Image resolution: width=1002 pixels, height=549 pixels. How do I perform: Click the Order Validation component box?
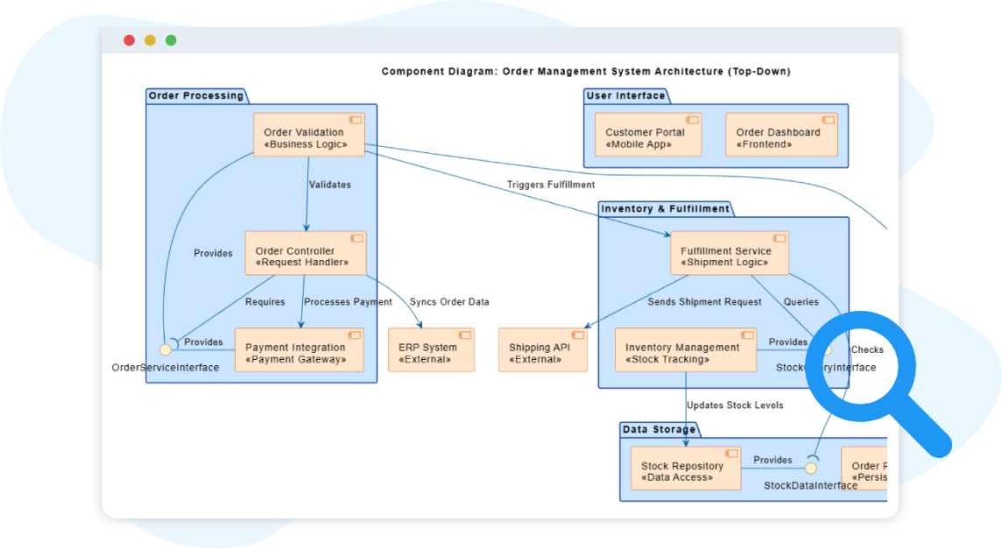pyautogui.click(x=309, y=135)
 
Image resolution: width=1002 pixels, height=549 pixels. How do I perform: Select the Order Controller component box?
pyautogui.click(x=305, y=254)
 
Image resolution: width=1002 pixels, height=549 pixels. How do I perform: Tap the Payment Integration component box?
pyautogui.click(x=299, y=350)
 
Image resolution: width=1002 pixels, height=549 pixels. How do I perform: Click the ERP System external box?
pyautogui.click(x=431, y=350)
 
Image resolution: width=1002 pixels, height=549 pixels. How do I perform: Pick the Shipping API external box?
pyautogui.click(x=542, y=350)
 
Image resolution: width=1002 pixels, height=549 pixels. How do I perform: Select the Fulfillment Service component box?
pyautogui.click(x=729, y=254)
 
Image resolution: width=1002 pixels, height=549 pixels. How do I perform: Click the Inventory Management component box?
pyautogui.click(x=685, y=350)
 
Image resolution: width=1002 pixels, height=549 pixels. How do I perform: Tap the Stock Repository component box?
pyautogui.click(x=685, y=469)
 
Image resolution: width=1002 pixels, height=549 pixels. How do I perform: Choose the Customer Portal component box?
pyautogui.click(x=647, y=135)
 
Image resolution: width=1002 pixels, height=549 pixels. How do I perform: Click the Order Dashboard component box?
pyautogui.click(x=781, y=135)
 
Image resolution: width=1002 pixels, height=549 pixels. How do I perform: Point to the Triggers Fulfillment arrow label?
pyautogui.click(x=550, y=185)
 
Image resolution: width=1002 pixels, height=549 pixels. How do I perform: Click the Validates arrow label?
pyautogui.click(x=330, y=185)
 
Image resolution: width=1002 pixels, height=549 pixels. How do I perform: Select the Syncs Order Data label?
pyautogui.click(x=449, y=302)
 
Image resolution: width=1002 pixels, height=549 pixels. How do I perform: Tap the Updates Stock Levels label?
pyautogui.click(x=735, y=405)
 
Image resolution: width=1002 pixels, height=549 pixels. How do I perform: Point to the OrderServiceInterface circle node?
pyautogui.click(x=165, y=349)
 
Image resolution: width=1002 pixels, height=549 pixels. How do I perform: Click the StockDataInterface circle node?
pyautogui.click(x=811, y=468)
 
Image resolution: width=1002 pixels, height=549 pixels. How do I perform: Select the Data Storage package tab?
pyautogui.click(x=659, y=429)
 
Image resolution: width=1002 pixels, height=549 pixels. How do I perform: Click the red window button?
pyautogui.click(x=129, y=40)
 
